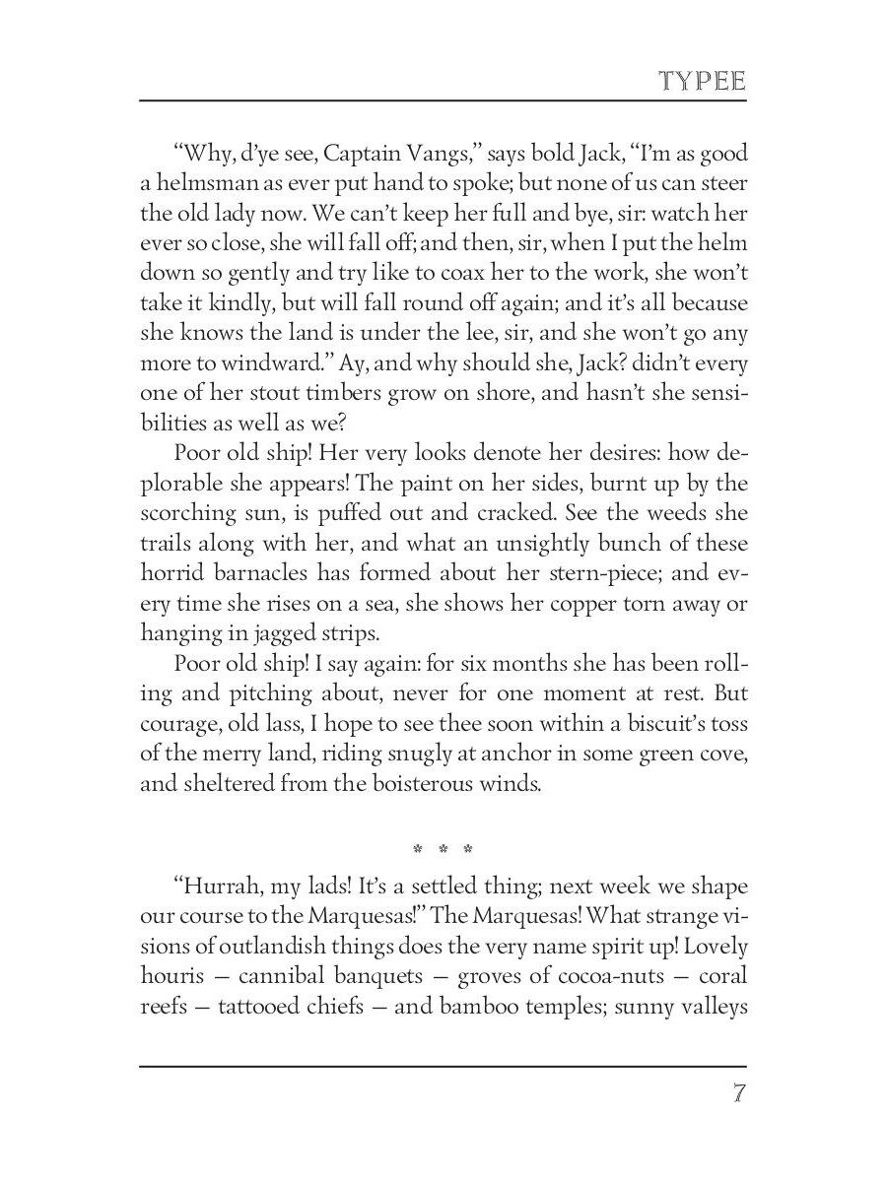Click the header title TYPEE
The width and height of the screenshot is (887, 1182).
(703, 81)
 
